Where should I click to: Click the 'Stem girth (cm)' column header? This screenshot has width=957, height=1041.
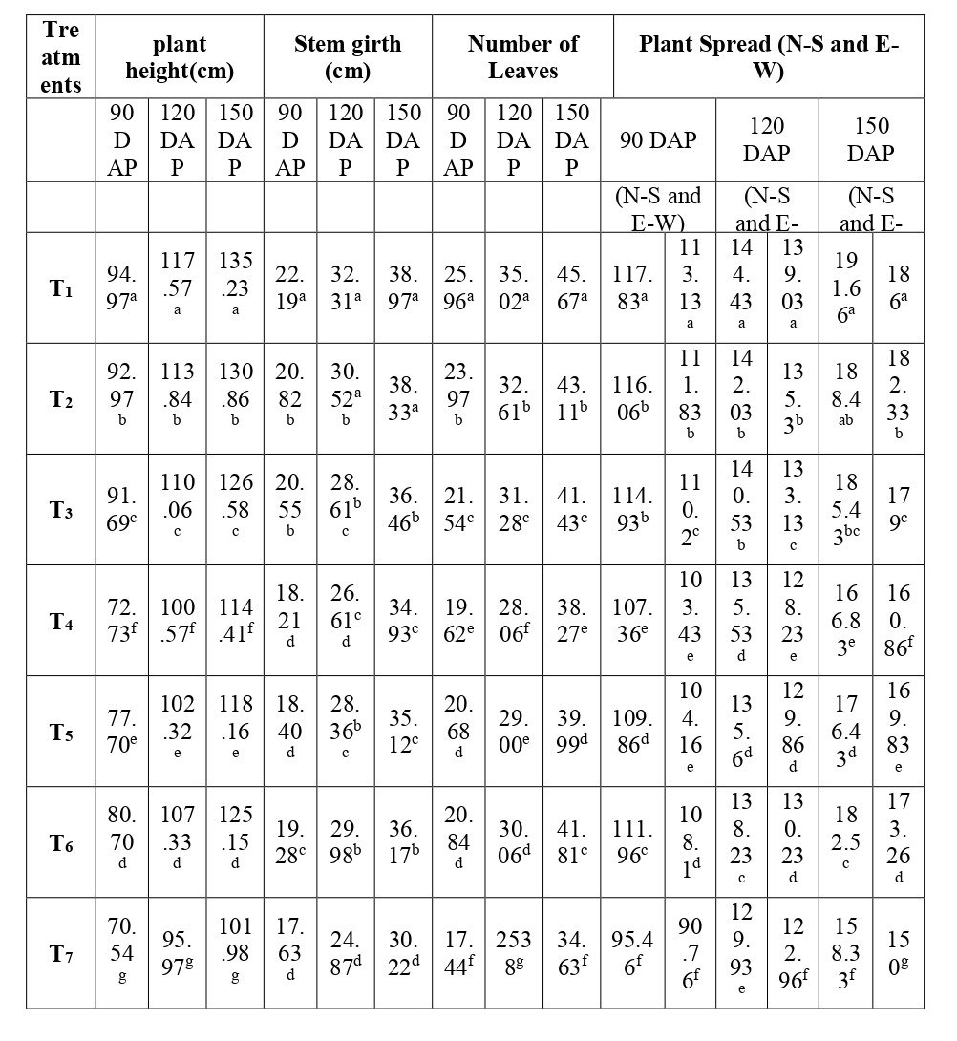pyautogui.click(x=348, y=56)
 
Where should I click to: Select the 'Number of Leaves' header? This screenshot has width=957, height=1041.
pyautogui.click(x=522, y=56)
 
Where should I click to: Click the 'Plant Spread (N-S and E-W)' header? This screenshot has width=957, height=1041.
pyautogui.click(x=768, y=56)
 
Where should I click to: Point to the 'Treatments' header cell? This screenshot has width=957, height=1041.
pyautogui.click(x=62, y=56)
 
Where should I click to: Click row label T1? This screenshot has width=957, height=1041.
pyautogui.click(x=62, y=288)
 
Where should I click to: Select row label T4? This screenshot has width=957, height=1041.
pyautogui.click(x=62, y=621)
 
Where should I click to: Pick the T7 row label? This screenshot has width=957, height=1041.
pyautogui.click(x=62, y=953)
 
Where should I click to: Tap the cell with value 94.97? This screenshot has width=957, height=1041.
pyautogui.click(x=120, y=288)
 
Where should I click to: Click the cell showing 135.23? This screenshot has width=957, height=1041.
pyautogui.click(x=235, y=288)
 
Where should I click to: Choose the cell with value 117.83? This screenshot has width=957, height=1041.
pyautogui.click(x=632, y=288)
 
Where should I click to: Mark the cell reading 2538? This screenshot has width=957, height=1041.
pyautogui.click(x=514, y=953)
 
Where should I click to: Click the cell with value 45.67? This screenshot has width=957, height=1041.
pyautogui.click(x=571, y=288)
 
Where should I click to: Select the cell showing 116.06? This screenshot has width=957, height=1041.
pyautogui.click(x=632, y=399)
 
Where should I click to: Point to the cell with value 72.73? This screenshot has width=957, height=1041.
pyautogui.click(x=120, y=621)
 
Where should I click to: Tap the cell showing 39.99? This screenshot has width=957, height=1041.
pyautogui.click(x=571, y=732)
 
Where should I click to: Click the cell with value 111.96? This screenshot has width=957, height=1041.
pyautogui.click(x=632, y=842)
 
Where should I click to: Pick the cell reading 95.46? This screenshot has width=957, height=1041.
pyautogui.click(x=632, y=953)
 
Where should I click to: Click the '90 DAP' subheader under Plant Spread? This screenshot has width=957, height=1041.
pyautogui.click(x=658, y=139)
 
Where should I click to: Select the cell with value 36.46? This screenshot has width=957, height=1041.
pyautogui.click(x=403, y=510)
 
